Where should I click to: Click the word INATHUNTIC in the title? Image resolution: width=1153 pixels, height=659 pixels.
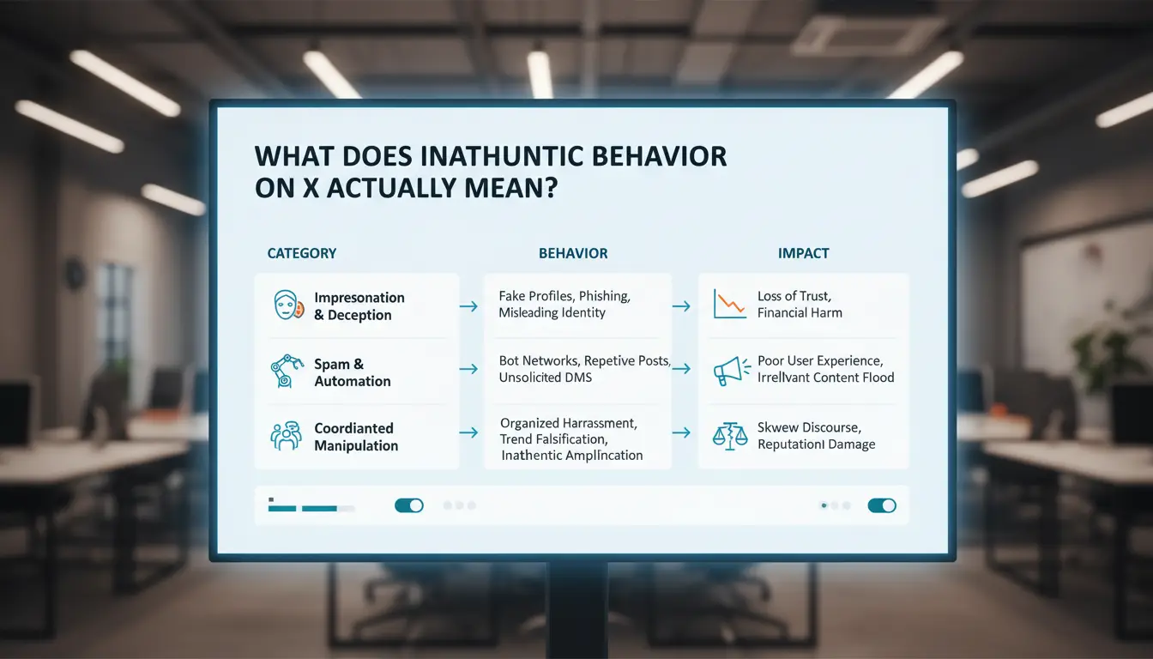501,156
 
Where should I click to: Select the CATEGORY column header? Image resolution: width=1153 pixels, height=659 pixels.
302,253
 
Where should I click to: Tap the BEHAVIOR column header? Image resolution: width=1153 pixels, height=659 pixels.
573,253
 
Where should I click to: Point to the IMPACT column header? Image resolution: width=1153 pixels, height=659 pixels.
804,253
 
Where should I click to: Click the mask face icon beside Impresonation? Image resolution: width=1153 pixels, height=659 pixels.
287,305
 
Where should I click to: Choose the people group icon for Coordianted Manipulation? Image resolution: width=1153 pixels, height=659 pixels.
287,436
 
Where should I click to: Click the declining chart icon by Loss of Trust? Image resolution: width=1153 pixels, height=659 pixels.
730,304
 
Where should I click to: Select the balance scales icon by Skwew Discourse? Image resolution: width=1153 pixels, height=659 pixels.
730,436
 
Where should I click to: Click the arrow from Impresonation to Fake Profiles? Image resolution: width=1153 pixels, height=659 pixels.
468,307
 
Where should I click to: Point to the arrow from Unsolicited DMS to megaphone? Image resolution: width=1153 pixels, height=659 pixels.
681,369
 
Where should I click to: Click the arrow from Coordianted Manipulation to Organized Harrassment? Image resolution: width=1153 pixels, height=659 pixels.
468,432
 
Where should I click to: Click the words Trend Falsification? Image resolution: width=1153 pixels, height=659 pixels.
553,439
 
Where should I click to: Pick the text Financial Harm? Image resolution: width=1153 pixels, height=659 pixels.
800,313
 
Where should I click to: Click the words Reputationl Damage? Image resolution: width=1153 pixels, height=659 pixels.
816,444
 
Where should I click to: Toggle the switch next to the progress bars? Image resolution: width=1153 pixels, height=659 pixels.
409,505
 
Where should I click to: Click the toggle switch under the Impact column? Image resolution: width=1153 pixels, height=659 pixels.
882,505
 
